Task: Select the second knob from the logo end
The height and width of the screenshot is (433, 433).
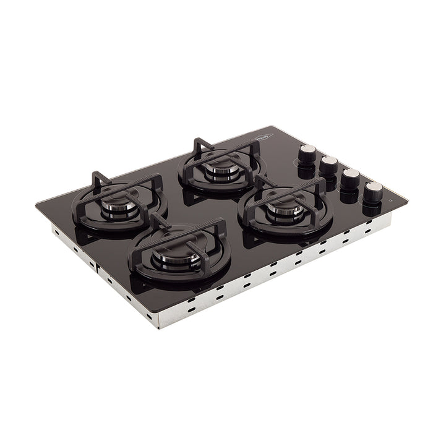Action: point(328,163)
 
